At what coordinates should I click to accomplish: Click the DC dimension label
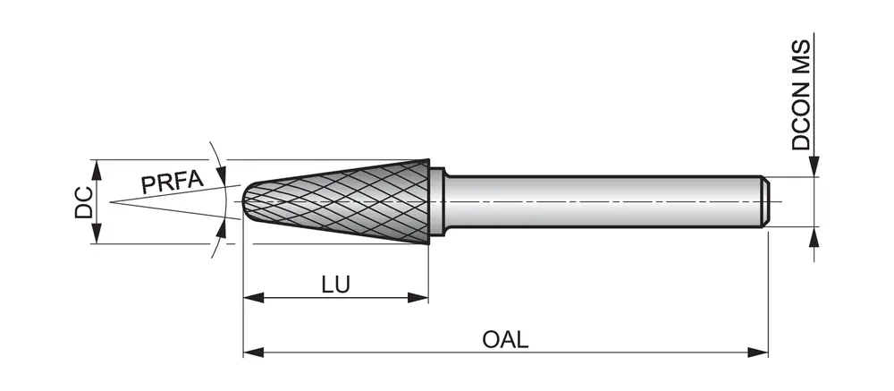83,202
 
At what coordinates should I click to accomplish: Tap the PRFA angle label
171,183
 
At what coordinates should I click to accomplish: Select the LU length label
335,285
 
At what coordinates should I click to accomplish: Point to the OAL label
505,340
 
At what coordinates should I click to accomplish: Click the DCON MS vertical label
802,94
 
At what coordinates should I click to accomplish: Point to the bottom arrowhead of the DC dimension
97,234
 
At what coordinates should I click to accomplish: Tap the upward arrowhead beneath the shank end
814,237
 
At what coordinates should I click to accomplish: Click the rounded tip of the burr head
250,202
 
